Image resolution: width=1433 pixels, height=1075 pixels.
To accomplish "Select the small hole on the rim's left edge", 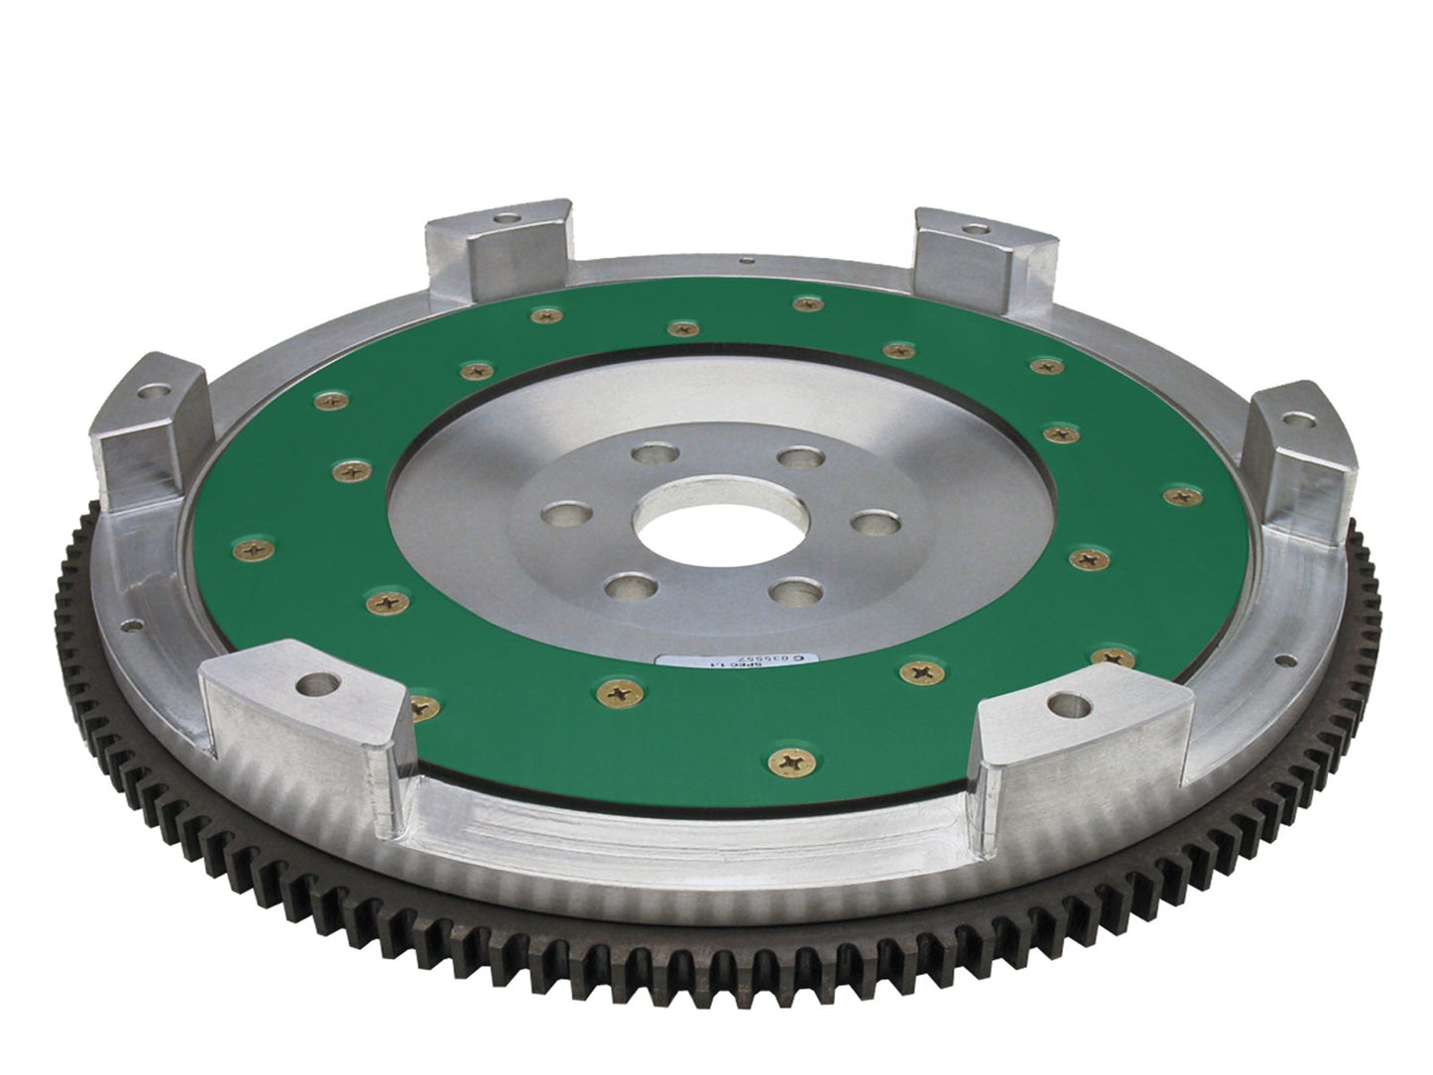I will pos(130,627).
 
